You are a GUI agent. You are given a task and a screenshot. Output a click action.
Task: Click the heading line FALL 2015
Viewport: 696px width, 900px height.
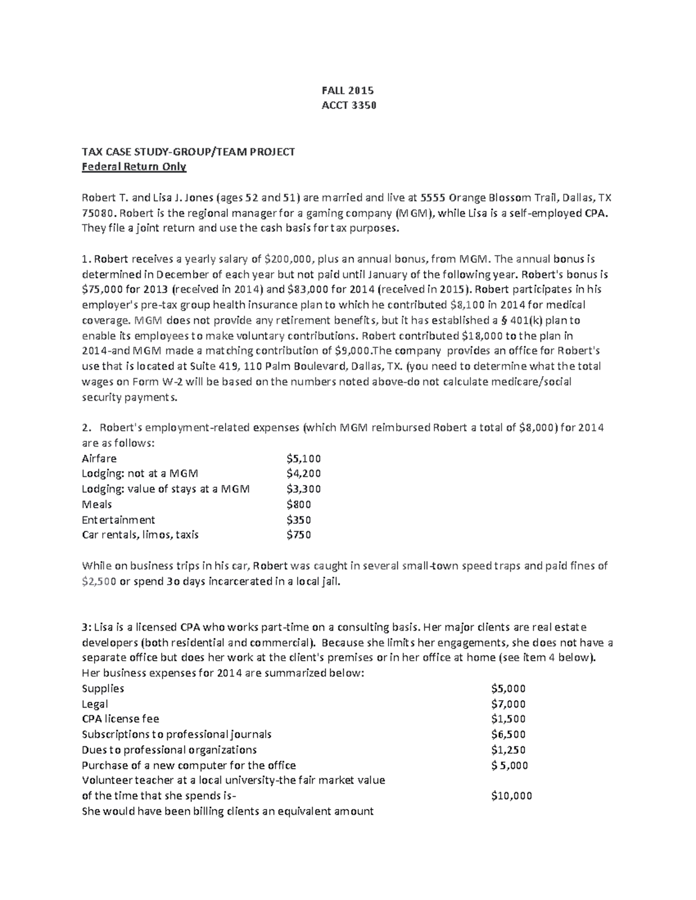347,90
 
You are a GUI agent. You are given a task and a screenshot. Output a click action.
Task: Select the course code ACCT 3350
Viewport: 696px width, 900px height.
347,105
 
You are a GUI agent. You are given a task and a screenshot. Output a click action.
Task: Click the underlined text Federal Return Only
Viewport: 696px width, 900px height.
134,167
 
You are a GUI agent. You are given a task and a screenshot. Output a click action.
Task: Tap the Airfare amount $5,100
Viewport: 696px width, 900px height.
303,458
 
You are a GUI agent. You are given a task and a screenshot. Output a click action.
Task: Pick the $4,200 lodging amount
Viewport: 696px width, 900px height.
303,473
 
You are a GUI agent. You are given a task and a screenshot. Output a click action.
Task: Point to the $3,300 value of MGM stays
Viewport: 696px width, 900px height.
303,489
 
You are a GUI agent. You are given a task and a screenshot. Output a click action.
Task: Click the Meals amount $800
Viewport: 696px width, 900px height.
299,504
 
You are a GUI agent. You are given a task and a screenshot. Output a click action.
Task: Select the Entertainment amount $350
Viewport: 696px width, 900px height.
299,520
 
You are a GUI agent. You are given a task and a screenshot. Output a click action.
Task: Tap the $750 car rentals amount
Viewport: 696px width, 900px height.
299,535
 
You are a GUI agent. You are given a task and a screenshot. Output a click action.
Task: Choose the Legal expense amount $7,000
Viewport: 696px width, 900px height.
508,704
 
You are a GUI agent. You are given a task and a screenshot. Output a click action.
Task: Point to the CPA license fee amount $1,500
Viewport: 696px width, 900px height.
508,719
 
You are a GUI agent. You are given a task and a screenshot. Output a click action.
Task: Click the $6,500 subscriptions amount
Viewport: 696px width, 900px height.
508,734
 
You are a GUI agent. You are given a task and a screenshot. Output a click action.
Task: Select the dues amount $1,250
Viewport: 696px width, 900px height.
508,749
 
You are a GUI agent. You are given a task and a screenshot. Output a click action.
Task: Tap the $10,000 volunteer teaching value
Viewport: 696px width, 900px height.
511,796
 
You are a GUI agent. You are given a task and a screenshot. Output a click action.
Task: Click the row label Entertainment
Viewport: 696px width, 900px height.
118,520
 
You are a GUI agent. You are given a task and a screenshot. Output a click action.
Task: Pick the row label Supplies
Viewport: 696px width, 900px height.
103,688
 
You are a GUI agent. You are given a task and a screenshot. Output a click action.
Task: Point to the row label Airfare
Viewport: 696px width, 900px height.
99,458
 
